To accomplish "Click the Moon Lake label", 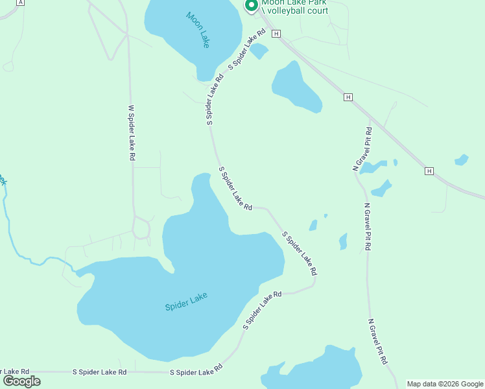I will click(198, 30).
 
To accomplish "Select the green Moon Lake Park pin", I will click(251, 5).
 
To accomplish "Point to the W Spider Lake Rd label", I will click(132, 133).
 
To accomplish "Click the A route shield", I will click(21, 3).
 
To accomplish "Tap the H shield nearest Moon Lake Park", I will click(277, 33).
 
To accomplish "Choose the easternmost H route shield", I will click(429, 171).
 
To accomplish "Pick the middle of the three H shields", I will click(348, 97).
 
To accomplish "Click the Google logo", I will click(22, 381).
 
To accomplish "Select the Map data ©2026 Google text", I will click(445, 384).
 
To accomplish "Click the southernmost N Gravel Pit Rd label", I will click(379, 340).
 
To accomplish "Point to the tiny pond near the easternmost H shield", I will click(462, 159).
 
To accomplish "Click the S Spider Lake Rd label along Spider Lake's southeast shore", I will click(263, 310).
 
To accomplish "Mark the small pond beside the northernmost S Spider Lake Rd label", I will click(259, 51).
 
